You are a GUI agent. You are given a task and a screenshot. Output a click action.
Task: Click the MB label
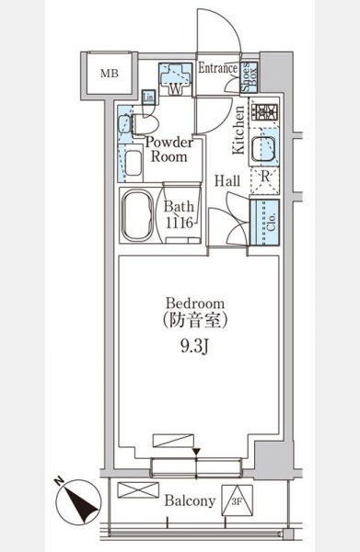(110, 74)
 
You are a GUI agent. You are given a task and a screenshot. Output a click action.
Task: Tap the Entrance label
(217, 68)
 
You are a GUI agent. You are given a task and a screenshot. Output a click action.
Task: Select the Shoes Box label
(250, 76)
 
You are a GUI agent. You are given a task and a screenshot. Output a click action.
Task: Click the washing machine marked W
(175, 79)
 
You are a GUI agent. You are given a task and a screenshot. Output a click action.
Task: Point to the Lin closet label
(148, 98)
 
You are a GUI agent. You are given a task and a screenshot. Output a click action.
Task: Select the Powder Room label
(169, 150)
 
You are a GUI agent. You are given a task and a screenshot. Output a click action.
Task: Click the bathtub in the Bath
(137, 215)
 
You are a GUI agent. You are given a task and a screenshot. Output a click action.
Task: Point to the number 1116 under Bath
(180, 223)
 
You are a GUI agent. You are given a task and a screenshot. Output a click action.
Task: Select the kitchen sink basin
(263, 149)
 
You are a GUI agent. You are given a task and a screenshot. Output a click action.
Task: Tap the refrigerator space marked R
(265, 180)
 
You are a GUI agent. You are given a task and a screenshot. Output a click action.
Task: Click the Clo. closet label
(271, 223)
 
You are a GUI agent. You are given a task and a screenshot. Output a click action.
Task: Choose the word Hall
(227, 181)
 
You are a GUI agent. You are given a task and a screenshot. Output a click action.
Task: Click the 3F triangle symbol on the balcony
(238, 500)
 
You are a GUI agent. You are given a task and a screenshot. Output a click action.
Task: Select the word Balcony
(190, 500)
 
